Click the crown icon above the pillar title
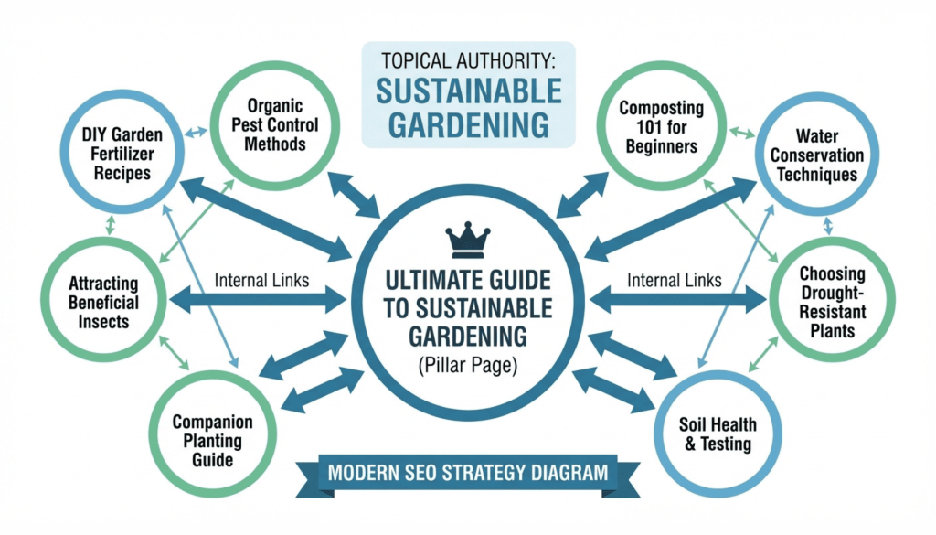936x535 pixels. (467, 241)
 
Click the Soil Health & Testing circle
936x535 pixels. (718, 434)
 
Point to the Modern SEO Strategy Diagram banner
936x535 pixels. (467, 474)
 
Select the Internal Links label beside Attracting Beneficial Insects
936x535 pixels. (261, 280)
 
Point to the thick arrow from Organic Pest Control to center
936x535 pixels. (355, 192)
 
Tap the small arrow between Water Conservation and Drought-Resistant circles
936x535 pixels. (827, 225)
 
